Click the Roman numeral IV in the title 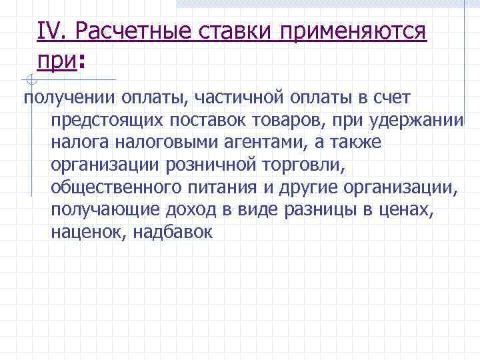click(x=51, y=30)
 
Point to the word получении click(x=69, y=99)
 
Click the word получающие click(x=101, y=210)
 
